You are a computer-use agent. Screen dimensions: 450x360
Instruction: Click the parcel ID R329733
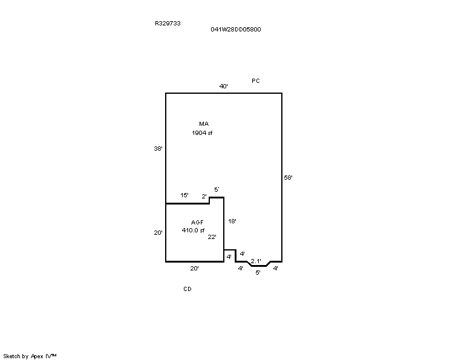[168, 23]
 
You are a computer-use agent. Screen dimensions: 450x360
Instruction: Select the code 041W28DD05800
[236, 29]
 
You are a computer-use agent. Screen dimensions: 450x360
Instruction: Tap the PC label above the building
[256, 80]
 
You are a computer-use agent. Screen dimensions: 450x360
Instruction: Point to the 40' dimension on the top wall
[224, 86]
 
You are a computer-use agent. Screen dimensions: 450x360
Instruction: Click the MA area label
[204, 124]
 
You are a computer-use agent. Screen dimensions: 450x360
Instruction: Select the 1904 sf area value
[202, 133]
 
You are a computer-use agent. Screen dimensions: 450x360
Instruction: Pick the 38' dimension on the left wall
[158, 148]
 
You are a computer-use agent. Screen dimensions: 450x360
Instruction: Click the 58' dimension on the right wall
[288, 177]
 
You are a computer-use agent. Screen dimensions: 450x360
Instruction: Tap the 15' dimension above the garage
[184, 195]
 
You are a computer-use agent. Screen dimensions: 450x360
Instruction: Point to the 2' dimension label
[204, 197]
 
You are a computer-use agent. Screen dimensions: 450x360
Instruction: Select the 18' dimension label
[232, 221]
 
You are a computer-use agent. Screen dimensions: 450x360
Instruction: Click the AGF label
[197, 222]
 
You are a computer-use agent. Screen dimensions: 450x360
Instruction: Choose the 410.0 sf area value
[193, 231]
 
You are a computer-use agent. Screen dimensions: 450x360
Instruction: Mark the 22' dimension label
[212, 237]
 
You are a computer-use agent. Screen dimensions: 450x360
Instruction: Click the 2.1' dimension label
[256, 261]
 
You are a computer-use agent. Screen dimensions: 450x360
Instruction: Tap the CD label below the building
[187, 289]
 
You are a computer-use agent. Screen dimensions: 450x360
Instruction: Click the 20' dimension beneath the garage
[194, 268]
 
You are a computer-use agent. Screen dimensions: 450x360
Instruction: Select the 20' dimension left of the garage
[158, 232]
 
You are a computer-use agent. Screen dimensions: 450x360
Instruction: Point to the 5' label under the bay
[258, 272]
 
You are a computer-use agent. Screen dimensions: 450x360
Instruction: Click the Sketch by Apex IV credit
[30, 356]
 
